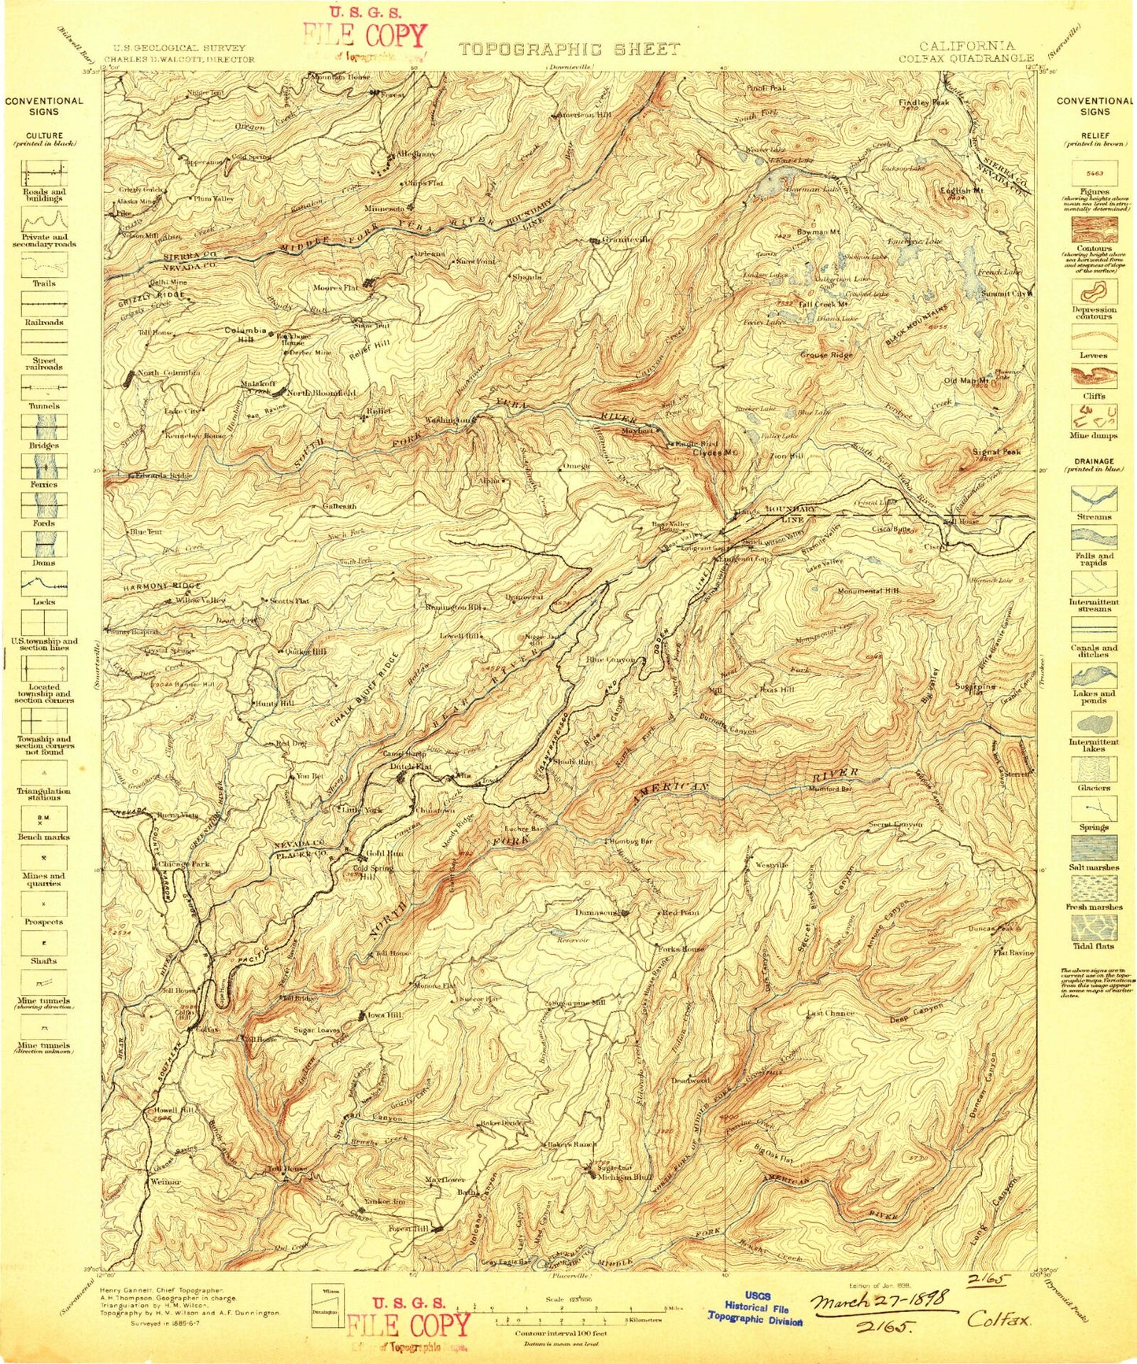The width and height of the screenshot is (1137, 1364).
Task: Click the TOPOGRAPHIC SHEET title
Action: (x=569, y=49)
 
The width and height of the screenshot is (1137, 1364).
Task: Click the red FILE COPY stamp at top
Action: (x=365, y=36)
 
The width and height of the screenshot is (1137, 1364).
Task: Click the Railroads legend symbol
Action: (x=44, y=303)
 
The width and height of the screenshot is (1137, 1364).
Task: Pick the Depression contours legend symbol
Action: (x=1093, y=293)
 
